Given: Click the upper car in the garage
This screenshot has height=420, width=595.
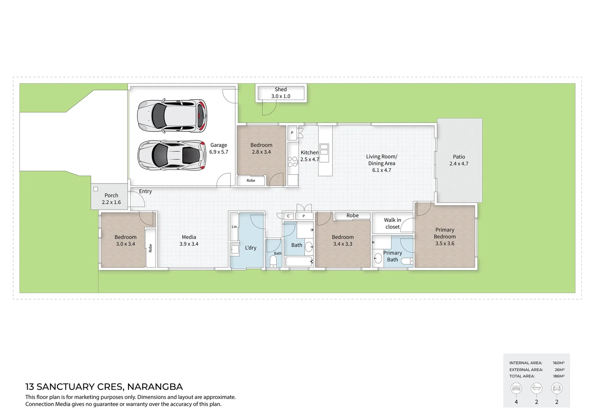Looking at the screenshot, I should click(172, 115).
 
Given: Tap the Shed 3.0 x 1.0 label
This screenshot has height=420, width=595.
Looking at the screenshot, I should click(281, 93).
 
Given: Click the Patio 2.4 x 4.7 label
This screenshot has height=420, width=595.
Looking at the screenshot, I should click(459, 160).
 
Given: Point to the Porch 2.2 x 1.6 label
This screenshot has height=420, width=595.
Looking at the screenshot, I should click(111, 199).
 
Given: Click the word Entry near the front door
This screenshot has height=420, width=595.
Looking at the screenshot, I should click(145, 191).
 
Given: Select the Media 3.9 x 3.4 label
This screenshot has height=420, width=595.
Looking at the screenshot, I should click(189, 240).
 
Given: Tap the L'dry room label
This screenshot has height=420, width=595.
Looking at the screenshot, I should click(250, 248).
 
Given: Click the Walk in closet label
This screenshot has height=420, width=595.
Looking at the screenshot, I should click(392, 223).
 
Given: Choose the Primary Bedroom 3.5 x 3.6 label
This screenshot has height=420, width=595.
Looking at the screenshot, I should click(445, 236).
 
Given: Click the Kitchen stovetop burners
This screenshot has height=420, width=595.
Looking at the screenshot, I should click(292, 162).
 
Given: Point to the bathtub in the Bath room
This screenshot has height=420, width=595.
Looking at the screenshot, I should click(299, 261).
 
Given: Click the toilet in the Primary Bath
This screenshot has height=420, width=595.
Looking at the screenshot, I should click(406, 261).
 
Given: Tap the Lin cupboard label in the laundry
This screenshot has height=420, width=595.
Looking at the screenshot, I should click(234, 227).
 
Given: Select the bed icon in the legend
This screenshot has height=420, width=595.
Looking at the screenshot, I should click(516, 388).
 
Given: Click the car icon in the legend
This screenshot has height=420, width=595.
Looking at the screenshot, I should click(556, 388).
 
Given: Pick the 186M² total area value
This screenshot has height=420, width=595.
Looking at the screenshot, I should click(558, 376).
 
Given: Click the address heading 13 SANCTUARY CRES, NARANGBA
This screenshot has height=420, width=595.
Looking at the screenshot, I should click(104, 387).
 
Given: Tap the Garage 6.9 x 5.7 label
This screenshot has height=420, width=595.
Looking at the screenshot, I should click(218, 149).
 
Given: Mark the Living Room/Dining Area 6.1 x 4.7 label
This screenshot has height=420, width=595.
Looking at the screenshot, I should click(382, 163).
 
